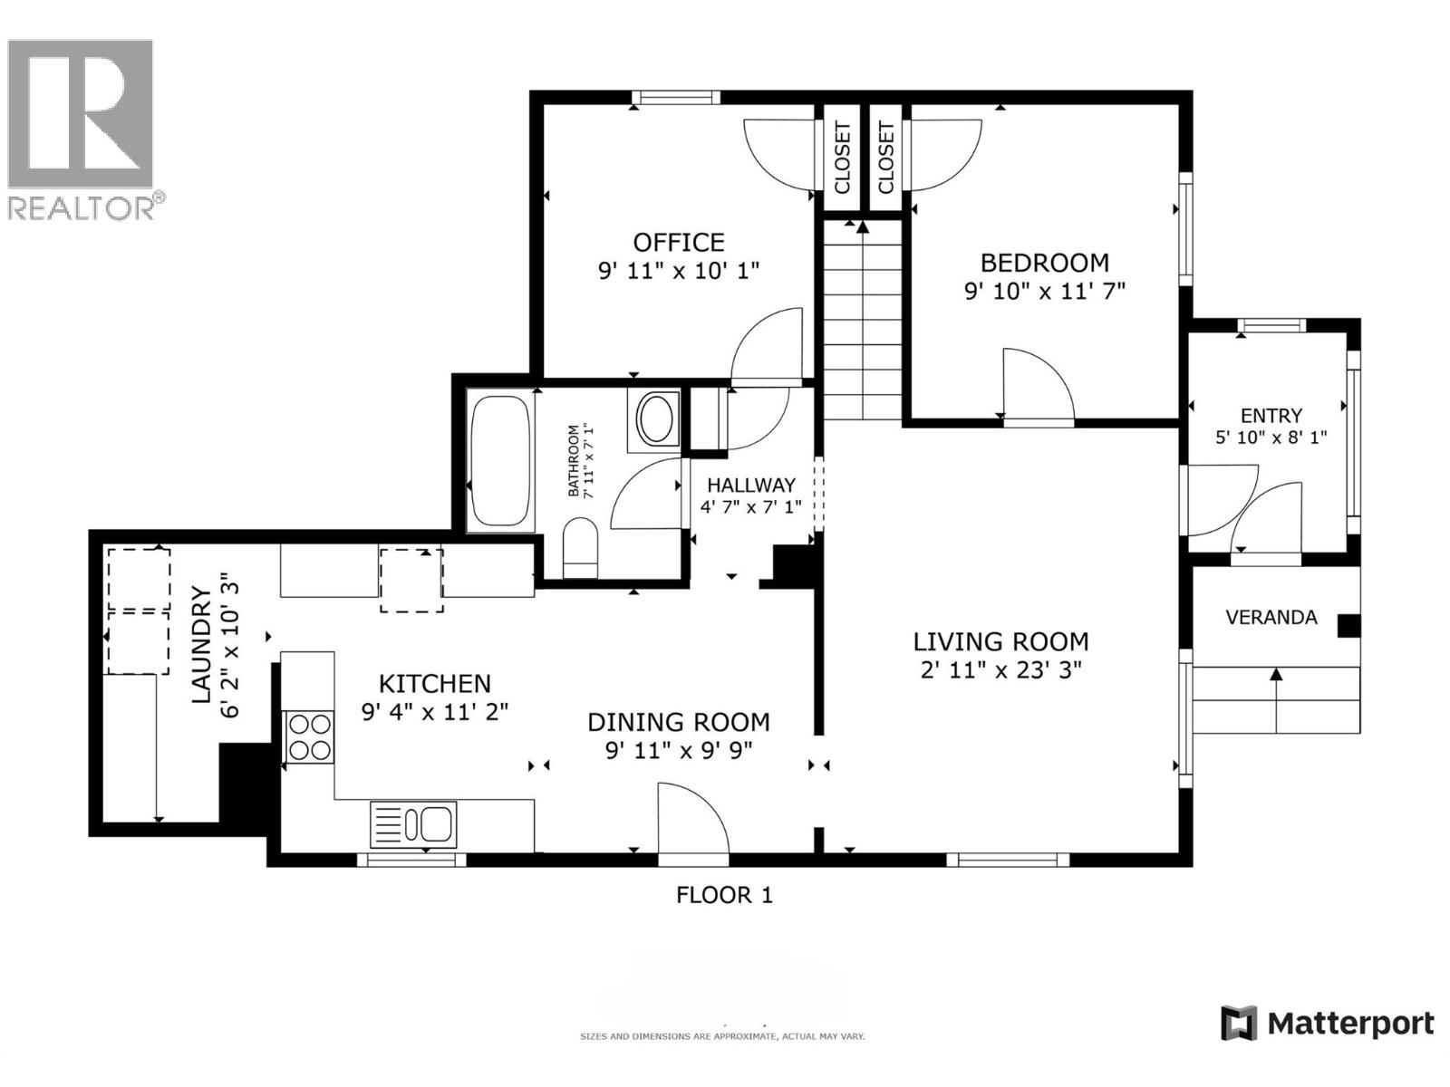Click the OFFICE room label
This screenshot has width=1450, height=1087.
click(678, 243)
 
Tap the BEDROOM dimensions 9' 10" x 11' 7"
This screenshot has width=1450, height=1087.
click(1044, 292)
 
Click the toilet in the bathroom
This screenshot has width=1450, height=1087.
click(580, 547)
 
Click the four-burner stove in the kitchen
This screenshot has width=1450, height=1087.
click(308, 736)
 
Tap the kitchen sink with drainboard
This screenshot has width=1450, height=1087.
click(413, 824)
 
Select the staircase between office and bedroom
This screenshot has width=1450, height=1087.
click(863, 322)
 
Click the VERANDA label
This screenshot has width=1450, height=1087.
click(1271, 618)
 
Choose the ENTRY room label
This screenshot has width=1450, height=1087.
click(1271, 416)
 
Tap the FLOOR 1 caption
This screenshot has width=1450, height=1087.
click(724, 895)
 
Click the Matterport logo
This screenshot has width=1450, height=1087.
click(1328, 1024)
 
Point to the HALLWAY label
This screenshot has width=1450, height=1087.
click(750, 486)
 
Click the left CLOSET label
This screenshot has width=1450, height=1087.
click(842, 158)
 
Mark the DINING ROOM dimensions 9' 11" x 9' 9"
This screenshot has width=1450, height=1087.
click(679, 751)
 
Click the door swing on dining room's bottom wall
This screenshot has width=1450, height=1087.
click(691, 820)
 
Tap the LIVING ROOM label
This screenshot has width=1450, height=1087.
click(1000, 642)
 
